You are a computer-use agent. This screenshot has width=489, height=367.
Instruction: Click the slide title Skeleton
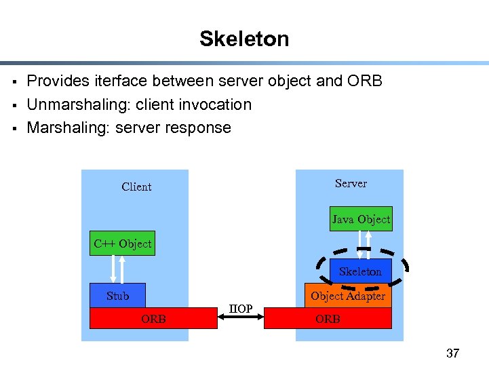click(x=244, y=39)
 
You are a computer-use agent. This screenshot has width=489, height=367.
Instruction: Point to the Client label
click(x=136, y=187)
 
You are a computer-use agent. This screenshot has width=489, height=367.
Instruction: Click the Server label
click(x=351, y=184)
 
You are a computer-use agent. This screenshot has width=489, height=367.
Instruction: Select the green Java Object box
click(x=361, y=219)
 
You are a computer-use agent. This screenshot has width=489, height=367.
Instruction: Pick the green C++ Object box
click(x=123, y=244)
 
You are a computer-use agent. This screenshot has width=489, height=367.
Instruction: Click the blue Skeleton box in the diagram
click(x=360, y=271)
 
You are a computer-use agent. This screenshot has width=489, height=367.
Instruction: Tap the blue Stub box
click(x=117, y=296)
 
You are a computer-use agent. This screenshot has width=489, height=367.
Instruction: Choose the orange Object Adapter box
click(x=348, y=296)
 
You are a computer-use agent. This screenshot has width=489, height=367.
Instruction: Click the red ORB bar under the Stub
click(x=153, y=318)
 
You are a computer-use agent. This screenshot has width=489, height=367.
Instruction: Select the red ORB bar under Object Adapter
click(x=328, y=318)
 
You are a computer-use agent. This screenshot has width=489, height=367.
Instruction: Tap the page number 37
click(x=452, y=353)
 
